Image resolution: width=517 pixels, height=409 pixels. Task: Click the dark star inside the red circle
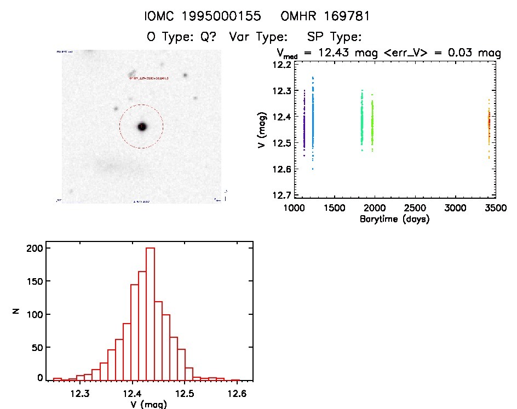click(142, 126)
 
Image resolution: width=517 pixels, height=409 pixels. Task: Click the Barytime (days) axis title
click(394, 219)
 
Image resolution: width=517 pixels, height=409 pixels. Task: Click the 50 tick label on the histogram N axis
click(38, 346)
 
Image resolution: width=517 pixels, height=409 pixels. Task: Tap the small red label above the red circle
click(148, 78)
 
